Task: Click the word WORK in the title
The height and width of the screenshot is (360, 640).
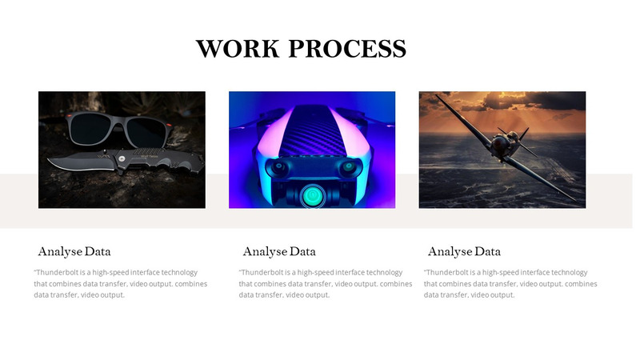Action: (238, 48)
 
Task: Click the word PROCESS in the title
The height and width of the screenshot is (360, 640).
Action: (347, 48)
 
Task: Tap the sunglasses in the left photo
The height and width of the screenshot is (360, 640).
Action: (118, 128)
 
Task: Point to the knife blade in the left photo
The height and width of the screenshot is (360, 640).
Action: (81, 162)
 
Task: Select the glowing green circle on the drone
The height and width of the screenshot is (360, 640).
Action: (313, 195)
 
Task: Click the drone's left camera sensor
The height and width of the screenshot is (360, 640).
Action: (278, 167)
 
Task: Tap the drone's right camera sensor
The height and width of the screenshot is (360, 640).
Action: (348, 167)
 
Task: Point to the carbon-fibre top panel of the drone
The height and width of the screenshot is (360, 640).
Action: (312, 130)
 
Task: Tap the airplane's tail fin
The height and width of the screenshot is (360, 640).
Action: (524, 134)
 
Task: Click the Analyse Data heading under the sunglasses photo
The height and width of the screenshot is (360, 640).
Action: (74, 251)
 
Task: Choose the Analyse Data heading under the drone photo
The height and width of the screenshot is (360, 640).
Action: (279, 251)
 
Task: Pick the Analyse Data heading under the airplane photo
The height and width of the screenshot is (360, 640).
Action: (464, 251)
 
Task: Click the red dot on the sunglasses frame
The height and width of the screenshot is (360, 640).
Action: (69, 116)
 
